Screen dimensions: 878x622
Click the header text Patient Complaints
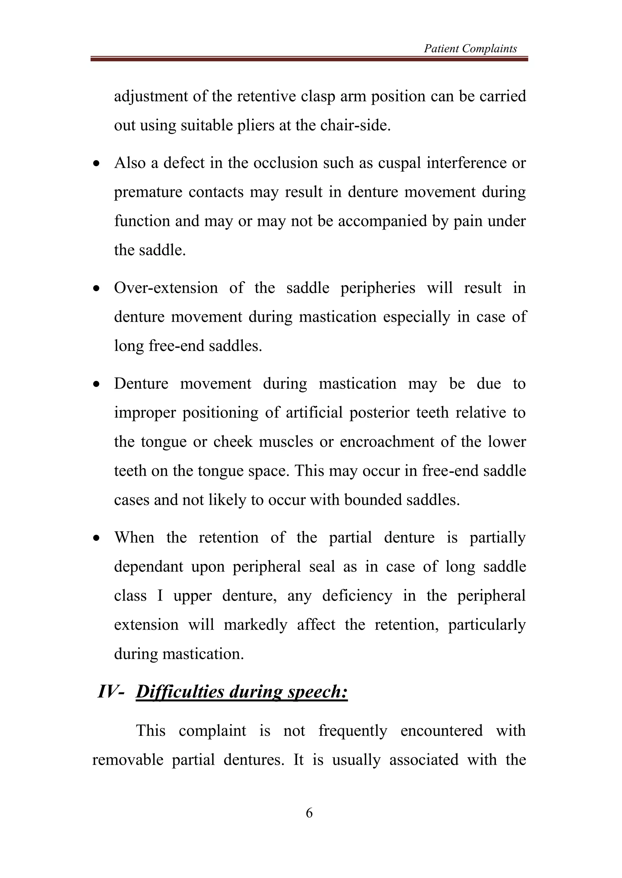(x=470, y=49)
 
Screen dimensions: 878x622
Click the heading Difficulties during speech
(x=242, y=692)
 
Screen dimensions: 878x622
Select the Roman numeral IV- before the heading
(x=111, y=692)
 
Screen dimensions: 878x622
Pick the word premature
(x=148, y=192)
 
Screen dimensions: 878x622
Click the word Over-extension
(x=166, y=288)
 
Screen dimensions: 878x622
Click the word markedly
(x=255, y=625)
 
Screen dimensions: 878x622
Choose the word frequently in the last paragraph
(x=352, y=730)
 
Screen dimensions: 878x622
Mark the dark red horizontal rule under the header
(x=309, y=59)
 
